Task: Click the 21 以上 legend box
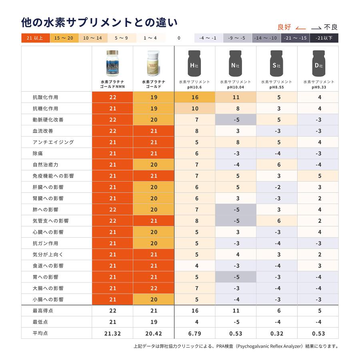point(35,38)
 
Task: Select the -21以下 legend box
point(324,38)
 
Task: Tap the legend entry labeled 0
point(179,38)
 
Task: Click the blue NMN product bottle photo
point(112,64)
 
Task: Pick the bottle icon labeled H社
point(194,64)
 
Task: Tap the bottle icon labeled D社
point(318,64)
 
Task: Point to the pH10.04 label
point(236,87)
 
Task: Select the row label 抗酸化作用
point(46,97)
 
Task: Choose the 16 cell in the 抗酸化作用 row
point(195,97)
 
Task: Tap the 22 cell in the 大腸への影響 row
point(154,288)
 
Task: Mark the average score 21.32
point(112,333)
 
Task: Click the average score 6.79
point(195,333)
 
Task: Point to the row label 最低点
point(40,322)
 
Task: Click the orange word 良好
point(285,27)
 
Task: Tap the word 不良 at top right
point(330,27)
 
